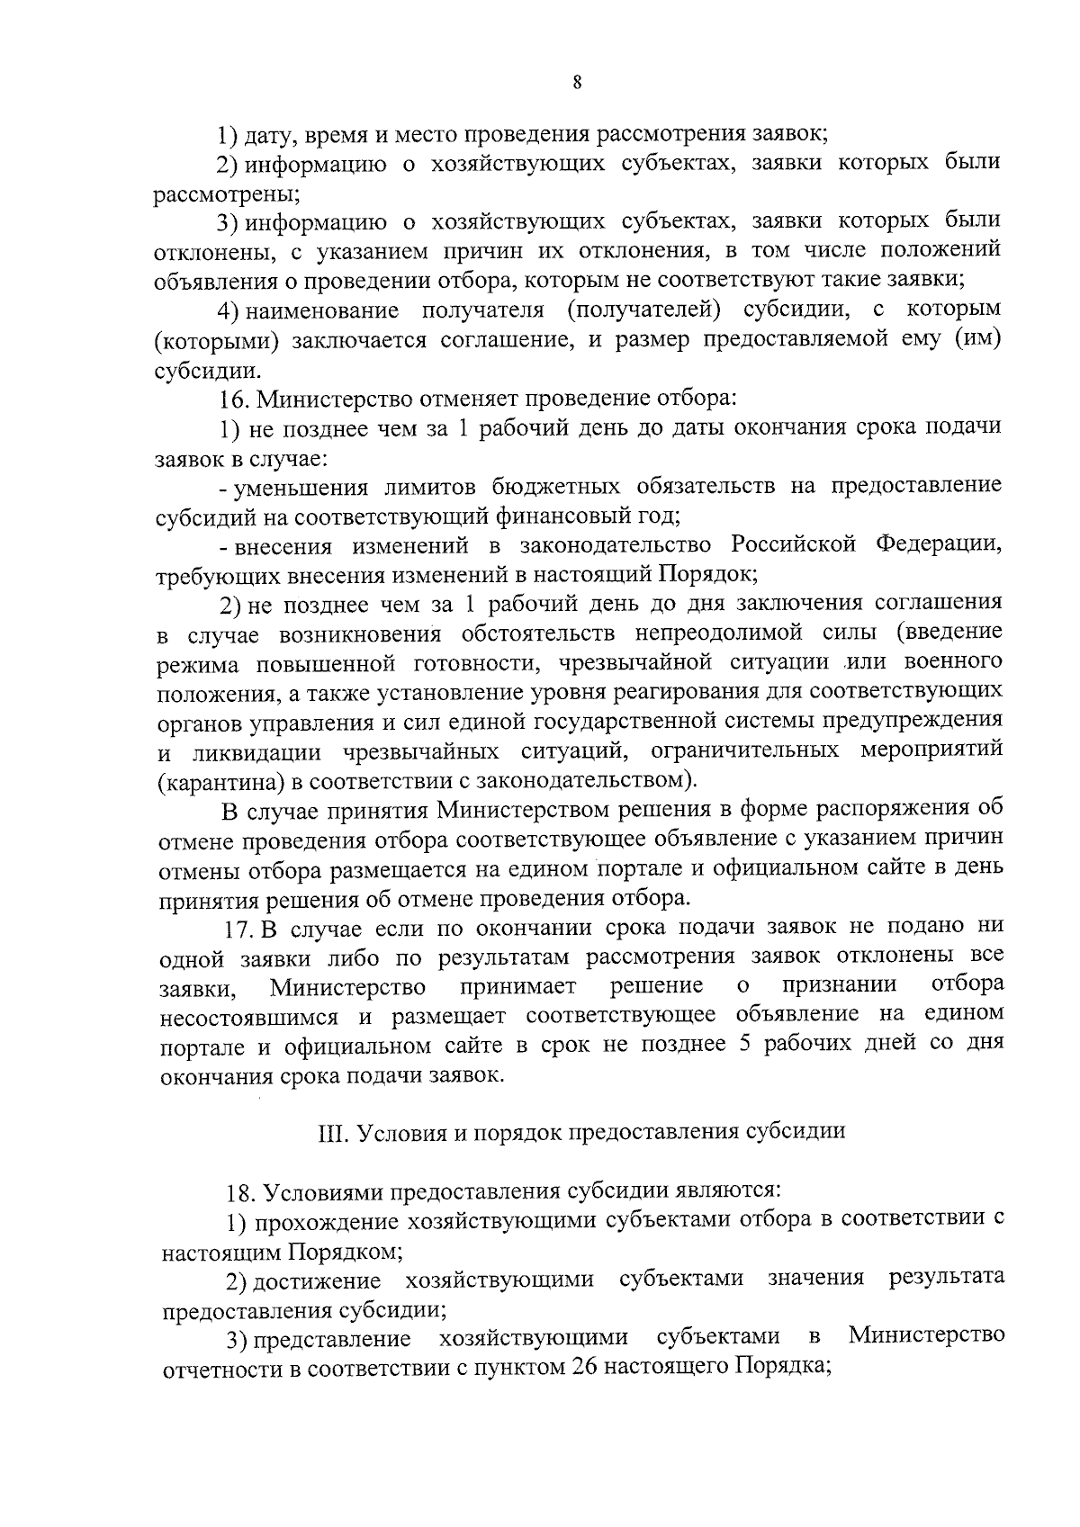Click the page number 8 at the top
point(577,82)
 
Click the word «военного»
point(953,662)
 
